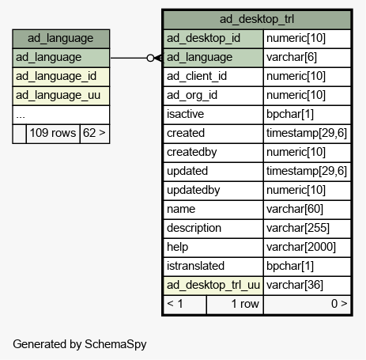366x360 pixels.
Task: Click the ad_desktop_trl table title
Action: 257,19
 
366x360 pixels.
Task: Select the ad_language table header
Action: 61,39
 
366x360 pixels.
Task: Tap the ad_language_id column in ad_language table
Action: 61,77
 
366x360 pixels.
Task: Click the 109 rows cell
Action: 53,133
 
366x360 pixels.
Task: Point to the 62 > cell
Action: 95,133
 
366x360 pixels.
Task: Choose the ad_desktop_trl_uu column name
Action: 213,286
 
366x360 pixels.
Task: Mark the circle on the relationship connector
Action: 150,58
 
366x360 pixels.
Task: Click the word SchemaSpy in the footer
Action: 115,344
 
